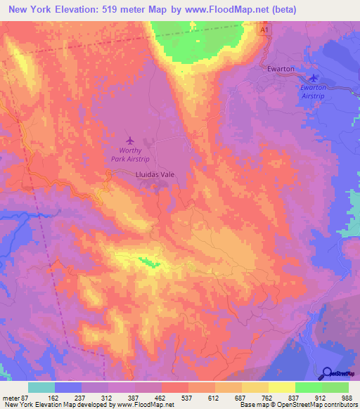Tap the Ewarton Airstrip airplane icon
[x=314, y=78]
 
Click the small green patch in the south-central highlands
[x=148, y=262]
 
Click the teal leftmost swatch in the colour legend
[x=41, y=387]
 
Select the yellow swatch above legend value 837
[x=282, y=387]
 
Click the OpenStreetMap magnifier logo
[x=328, y=372]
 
